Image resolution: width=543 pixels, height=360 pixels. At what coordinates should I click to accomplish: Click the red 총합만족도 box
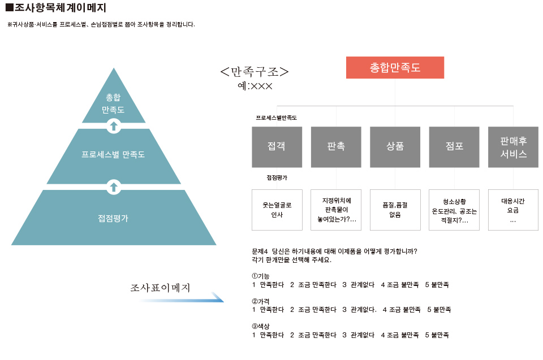(x=395, y=67)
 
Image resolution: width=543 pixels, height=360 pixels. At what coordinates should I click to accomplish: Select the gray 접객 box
(x=277, y=147)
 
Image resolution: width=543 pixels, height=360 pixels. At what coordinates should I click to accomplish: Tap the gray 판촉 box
(x=336, y=147)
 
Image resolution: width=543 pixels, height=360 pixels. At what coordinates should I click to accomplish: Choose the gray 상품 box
(x=395, y=147)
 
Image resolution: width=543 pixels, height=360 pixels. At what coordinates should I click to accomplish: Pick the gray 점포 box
(x=454, y=147)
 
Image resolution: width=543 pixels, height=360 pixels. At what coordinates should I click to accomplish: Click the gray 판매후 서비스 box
(x=513, y=147)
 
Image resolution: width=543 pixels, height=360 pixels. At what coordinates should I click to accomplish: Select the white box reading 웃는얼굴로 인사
(x=277, y=210)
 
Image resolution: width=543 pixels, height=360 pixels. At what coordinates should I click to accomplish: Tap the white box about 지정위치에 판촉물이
(x=336, y=210)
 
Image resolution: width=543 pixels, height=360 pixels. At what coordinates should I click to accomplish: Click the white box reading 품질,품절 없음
(x=395, y=210)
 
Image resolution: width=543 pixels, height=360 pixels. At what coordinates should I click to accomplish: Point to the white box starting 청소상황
(x=454, y=210)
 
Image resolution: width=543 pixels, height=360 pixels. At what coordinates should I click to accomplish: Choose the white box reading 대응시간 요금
(x=513, y=210)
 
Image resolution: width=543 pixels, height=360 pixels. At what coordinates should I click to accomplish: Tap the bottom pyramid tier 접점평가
(x=114, y=218)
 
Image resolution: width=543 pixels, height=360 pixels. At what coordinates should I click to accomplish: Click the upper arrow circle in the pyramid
(x=114, y=126)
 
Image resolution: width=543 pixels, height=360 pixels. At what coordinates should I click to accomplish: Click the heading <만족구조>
(x=255, y=72)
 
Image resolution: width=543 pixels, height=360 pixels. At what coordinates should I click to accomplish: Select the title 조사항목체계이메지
(x=56, y=7)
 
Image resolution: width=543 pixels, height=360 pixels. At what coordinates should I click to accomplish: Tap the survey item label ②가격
(x=260, y=301)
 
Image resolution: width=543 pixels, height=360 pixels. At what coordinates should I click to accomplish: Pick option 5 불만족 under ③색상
(x=437, y=335)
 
